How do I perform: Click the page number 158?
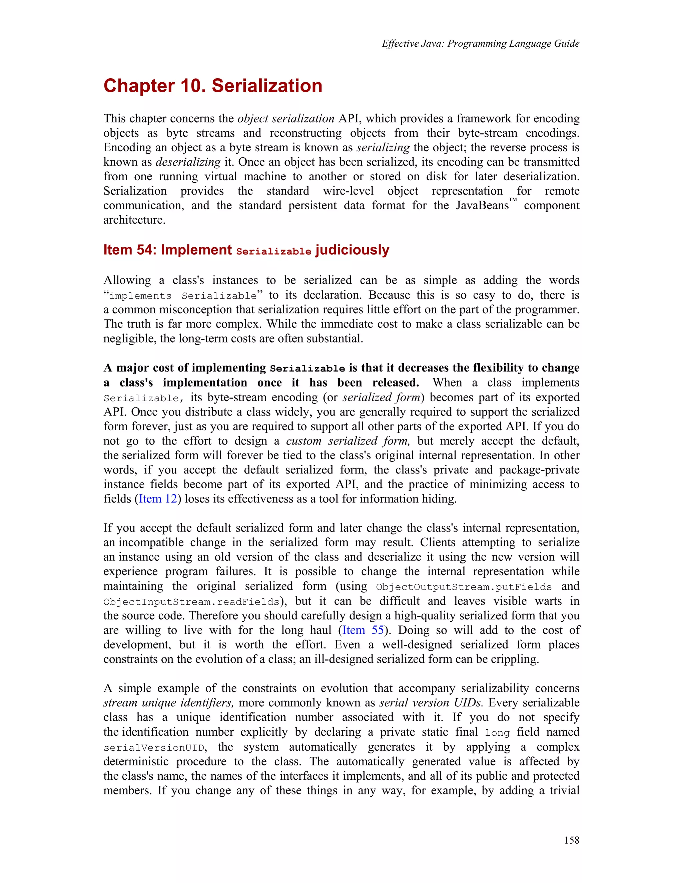pos(571,840)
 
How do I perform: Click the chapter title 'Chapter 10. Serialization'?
pos(213,86)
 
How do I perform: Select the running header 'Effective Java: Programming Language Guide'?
pos(480,44)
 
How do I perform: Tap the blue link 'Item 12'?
pos(158,499)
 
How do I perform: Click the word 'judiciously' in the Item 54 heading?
pos(352,250)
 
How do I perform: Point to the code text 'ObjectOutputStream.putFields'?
pos(464,587)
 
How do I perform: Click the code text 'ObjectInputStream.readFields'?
pos(191,601)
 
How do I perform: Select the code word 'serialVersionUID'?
pos(154,748)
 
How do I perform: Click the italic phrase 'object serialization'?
pos(286,119)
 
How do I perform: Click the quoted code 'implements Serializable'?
pos(183,296)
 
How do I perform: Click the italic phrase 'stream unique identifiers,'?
pos(168,703)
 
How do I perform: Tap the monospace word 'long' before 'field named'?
pos(497,733)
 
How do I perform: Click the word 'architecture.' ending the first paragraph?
pos(134,220)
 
